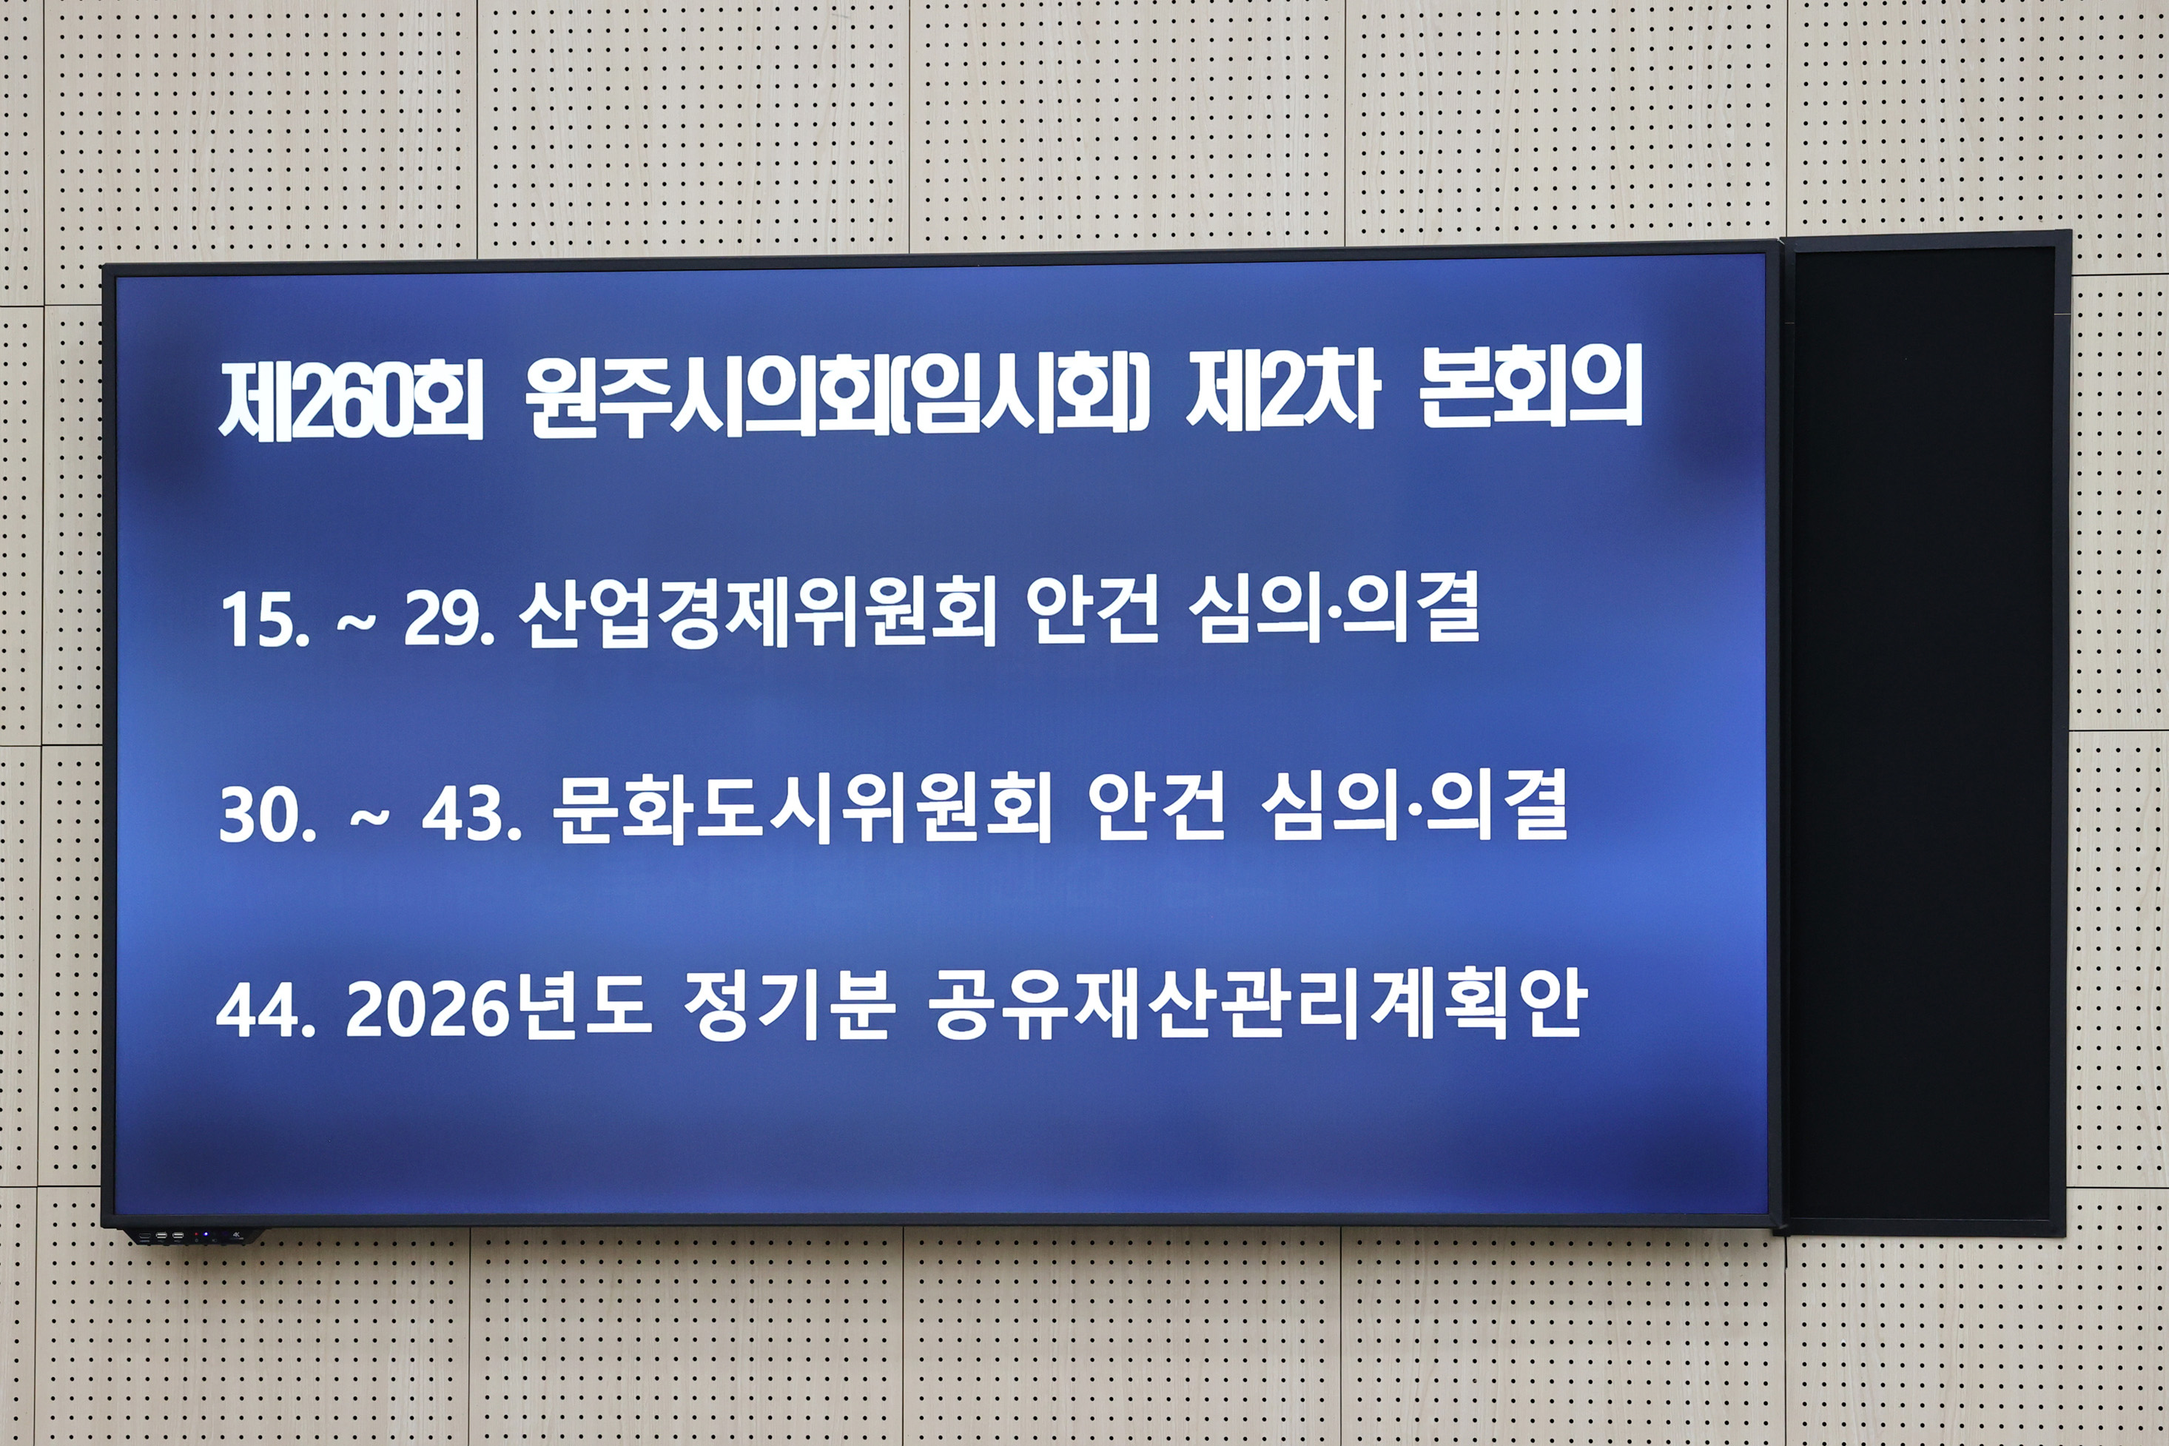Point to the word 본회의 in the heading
pyautogui.click(x=1531, y=392)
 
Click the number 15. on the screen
pyautogui.click(x=265, y=619)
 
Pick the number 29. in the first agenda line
pyautogui.click(x=449, y=619)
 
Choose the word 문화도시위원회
pyautogui.click(x=802, y=809)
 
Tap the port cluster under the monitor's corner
pyautogui.click(x=166, y=1236)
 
